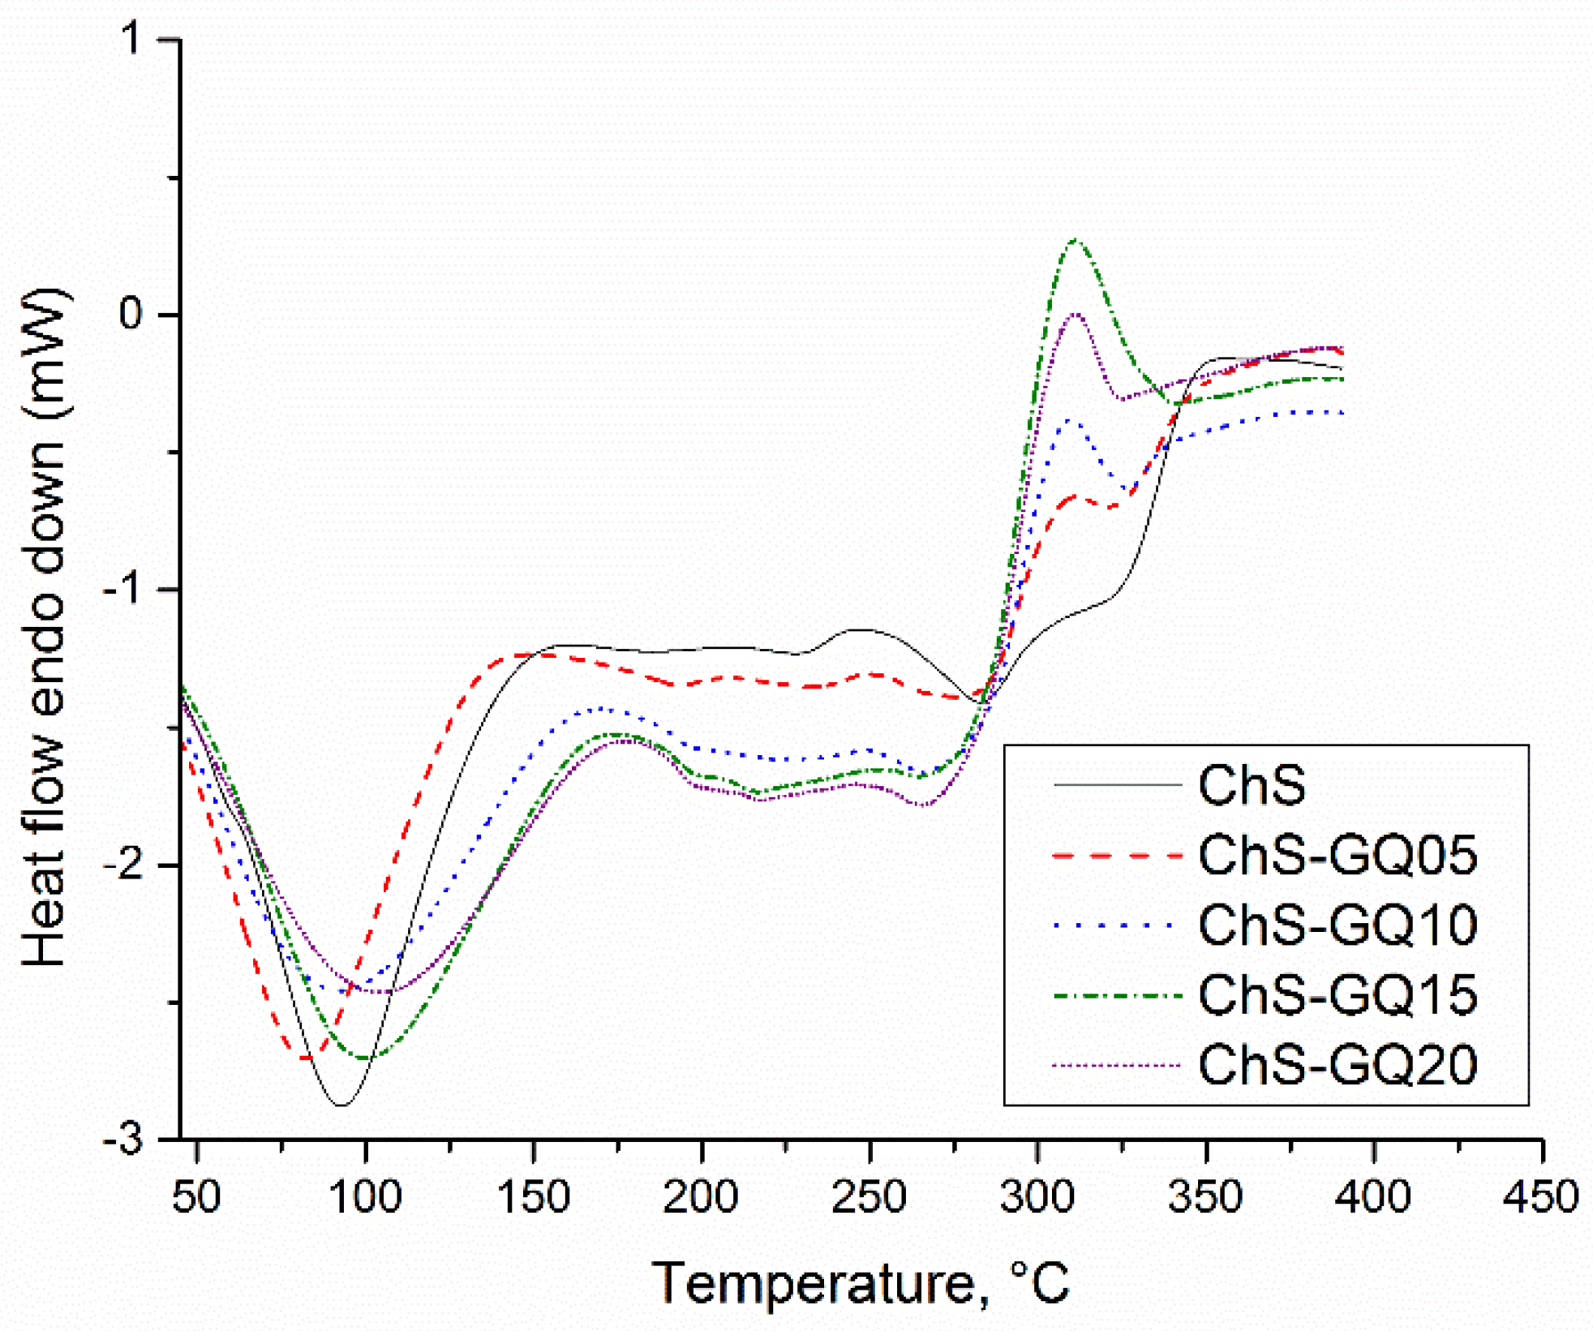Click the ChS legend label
pos(1252,786)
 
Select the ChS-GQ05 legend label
pos(1338,856)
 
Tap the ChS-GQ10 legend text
pos(1338,925)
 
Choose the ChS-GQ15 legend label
pos(1338,995)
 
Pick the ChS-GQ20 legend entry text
pos(1338,1065)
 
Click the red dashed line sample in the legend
pos(1116,856)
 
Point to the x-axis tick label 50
pos(196,1196)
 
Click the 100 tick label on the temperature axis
pos(366,1196)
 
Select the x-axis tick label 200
pos(701,1196)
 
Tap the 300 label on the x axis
pos(1037,1196)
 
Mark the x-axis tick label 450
pos(1541,1196)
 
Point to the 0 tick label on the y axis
pos(132,314)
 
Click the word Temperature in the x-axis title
pos(814,1284)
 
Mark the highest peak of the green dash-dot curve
pos(1075,240)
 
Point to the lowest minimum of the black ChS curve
pos(341,1105)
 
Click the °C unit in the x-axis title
pos(1041,1284)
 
